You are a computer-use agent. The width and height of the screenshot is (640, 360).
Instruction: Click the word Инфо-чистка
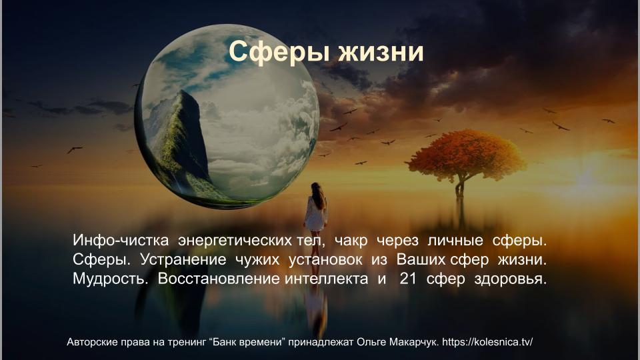click(x=121, y=240)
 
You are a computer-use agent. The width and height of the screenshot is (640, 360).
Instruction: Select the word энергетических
click(x=235, y=241)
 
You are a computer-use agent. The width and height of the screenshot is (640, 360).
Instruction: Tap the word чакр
click(x=351, y=241)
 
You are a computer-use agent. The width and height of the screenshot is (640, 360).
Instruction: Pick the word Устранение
click(x=183, y=259)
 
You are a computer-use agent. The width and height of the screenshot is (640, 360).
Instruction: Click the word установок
click(x=325, y=260)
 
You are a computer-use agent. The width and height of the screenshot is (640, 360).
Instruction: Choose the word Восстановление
click(x=219, y=279)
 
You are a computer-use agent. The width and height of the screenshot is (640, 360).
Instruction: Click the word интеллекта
click(x=326, y=279)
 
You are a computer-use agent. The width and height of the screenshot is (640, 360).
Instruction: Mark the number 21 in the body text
click(x=408, y=279)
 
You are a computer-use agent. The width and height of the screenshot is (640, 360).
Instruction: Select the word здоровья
click(x=510, y=279)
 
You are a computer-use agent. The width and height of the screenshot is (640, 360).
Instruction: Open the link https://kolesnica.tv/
click(x=487, y=341)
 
